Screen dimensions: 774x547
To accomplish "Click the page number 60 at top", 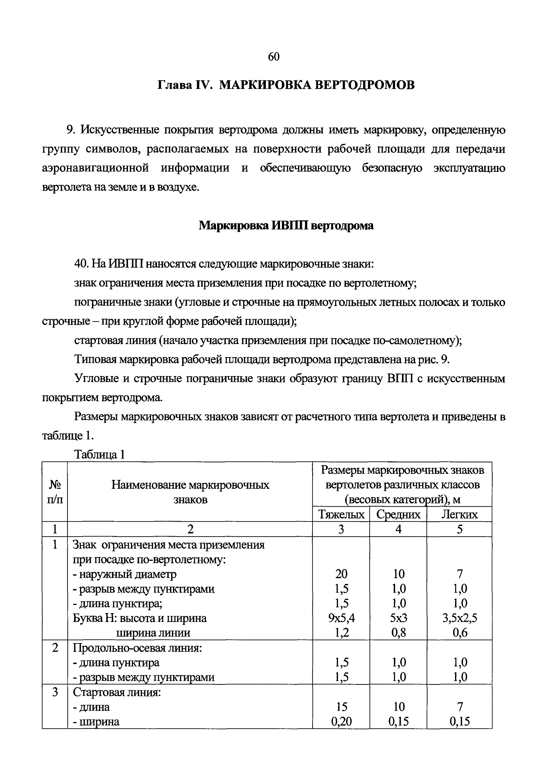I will (x=273, y=57).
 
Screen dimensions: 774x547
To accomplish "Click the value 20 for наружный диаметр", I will (x=341, y=574).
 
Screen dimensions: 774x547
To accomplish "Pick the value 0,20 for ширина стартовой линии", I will (x=341, y=721).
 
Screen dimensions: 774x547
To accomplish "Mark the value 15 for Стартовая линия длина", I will (x=341, y=707).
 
